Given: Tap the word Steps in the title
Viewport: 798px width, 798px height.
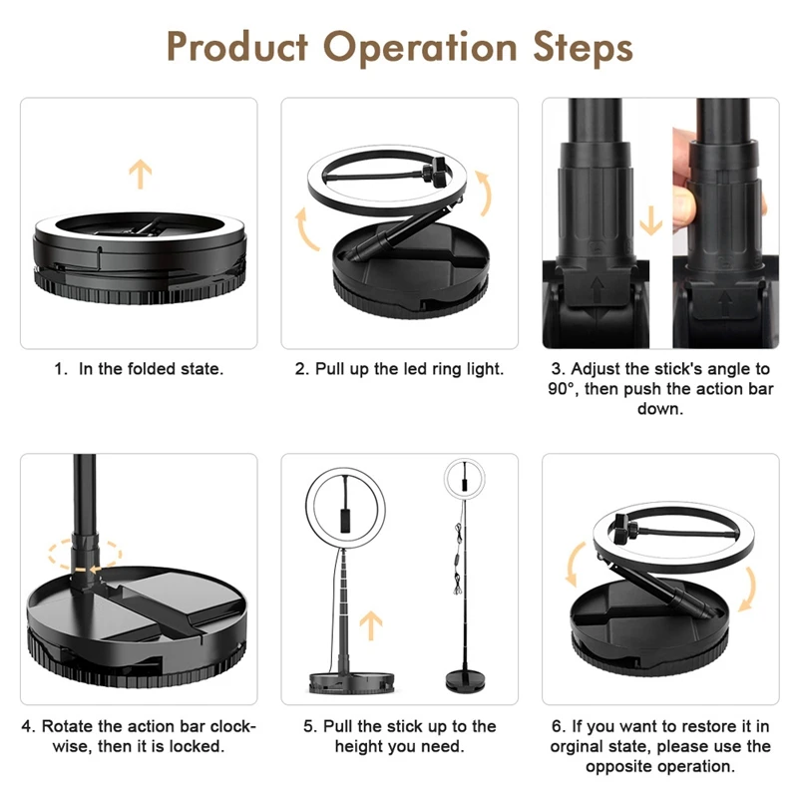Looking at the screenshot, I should (x=579, y=47).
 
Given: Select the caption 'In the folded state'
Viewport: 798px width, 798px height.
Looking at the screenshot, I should (x=151, y=369).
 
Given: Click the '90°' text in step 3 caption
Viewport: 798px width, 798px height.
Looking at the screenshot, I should (x=564, y=389).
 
